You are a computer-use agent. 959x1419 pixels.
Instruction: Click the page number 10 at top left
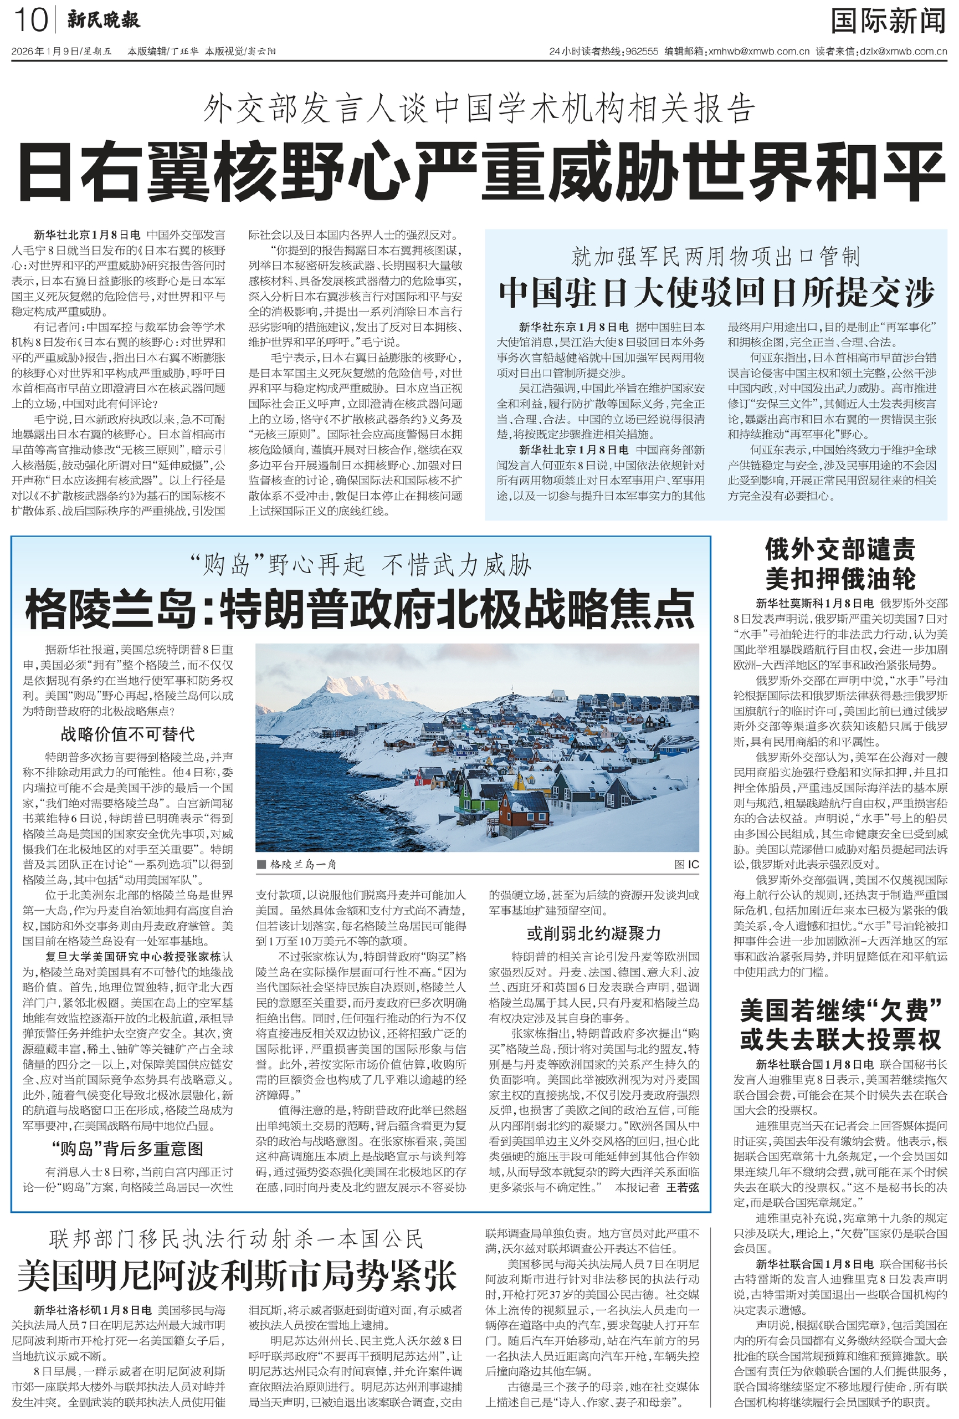(30, 20)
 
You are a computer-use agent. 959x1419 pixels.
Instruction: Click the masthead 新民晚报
(103, 20)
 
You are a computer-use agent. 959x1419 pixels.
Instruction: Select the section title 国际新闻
(888, 22)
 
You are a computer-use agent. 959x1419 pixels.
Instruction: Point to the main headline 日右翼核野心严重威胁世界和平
(480, 173)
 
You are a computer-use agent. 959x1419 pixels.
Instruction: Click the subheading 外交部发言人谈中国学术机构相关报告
(479, 109)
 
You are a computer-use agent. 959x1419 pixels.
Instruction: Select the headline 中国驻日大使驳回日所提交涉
(716, 293)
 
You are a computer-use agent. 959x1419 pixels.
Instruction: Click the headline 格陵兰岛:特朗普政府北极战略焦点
(360, 609)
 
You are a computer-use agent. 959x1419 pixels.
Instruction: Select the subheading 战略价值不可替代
(127, 733)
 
